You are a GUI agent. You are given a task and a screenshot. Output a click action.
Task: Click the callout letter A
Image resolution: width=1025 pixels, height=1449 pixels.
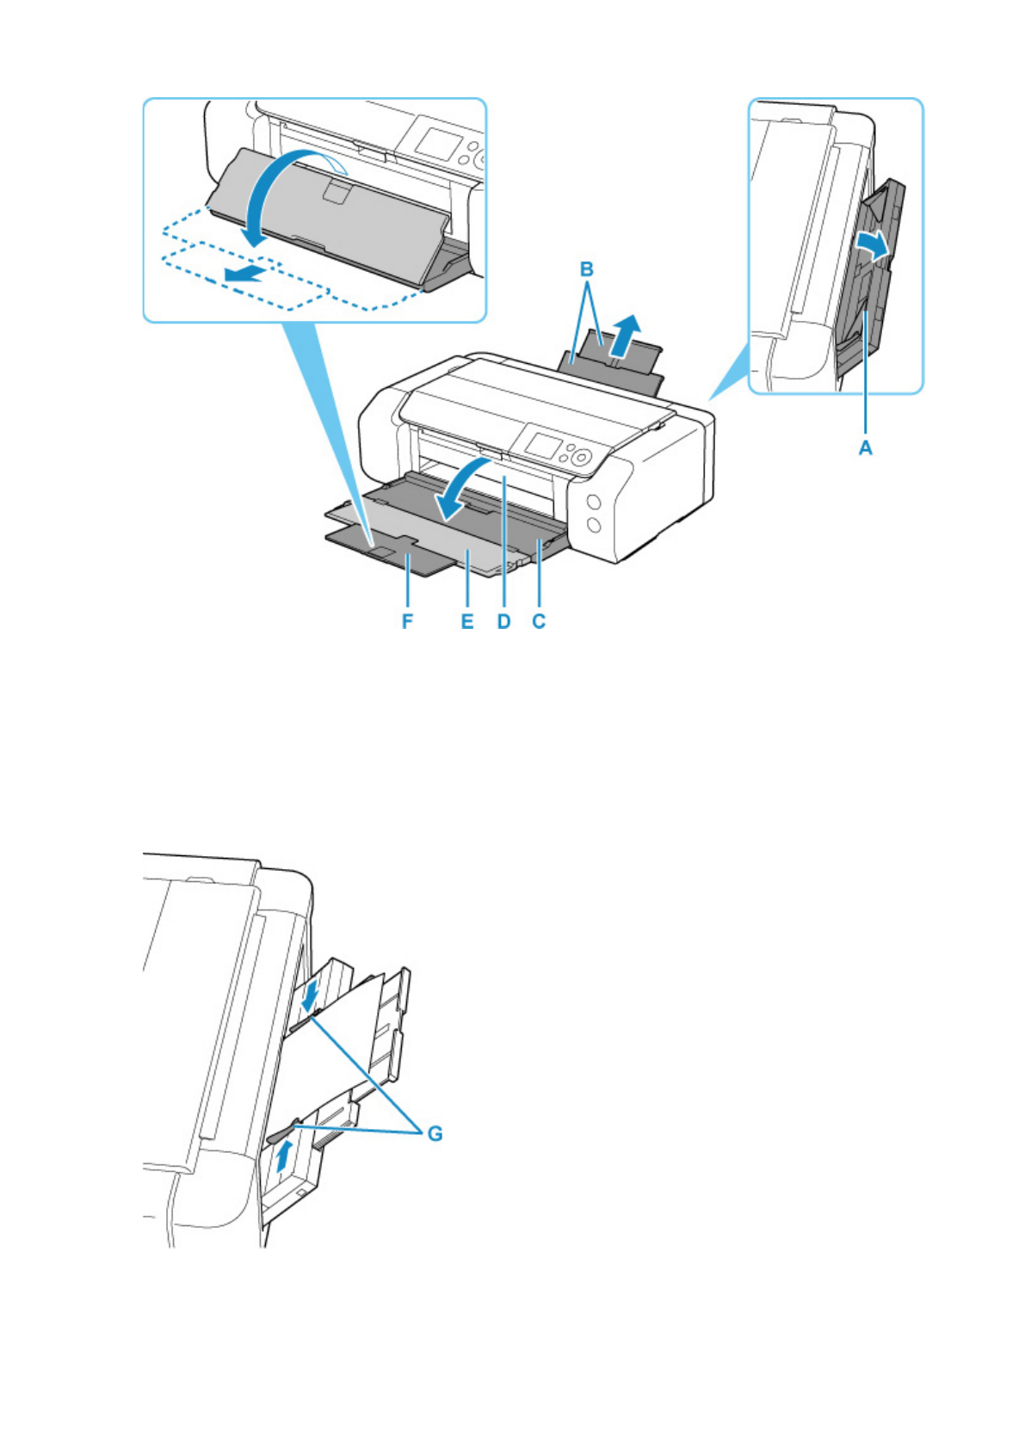(x=865, y=447)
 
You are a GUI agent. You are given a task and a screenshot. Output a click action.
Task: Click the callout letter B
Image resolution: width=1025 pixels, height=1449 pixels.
(x=587, y=269)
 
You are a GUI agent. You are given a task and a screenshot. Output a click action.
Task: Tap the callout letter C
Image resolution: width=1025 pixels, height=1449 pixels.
(x=539, y=621)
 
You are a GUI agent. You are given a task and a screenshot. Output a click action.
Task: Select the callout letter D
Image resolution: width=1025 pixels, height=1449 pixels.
(x=503, y=621)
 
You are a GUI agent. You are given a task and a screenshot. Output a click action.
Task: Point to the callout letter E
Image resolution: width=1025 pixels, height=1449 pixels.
(x=467, y=621)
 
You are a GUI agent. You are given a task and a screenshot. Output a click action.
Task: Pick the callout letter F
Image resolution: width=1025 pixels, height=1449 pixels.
(x=408, y=621)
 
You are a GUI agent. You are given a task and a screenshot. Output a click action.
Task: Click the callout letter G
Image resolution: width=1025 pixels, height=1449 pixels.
(x=435, y=1134)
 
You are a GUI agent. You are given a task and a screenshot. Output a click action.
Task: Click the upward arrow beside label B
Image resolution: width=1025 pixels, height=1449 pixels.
(x=626, y=335)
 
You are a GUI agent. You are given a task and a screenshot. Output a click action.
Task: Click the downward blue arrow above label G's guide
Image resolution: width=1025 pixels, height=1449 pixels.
(x=311, y=994)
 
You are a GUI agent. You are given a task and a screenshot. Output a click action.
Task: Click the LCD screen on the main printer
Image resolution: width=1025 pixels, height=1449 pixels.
(x=542, y=445)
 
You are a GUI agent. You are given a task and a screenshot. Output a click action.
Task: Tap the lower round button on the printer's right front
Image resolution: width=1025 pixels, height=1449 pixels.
(x=594, y=525)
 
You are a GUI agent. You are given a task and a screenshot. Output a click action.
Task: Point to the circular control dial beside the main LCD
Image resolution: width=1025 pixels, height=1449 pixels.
(x=581, y=458)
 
